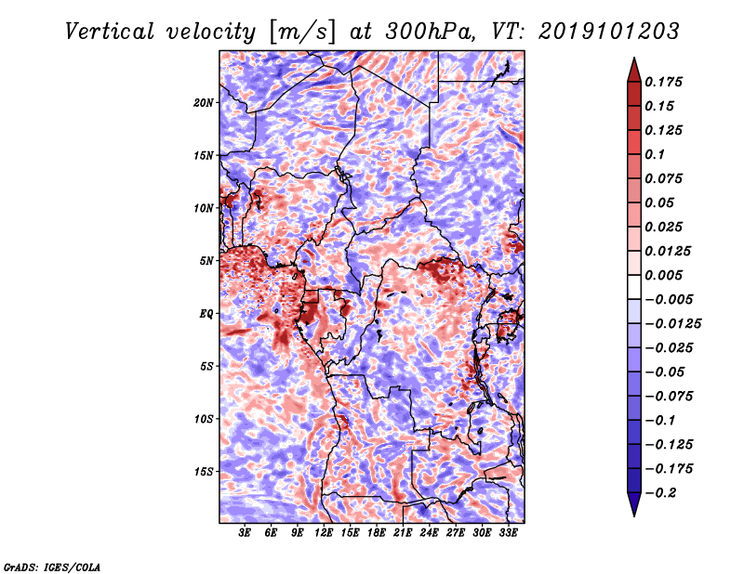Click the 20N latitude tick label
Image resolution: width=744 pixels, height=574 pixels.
(x=204, y=102)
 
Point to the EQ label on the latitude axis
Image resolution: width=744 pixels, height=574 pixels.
(x=207, y=314)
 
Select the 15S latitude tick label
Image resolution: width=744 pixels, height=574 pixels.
(x=204, y=472)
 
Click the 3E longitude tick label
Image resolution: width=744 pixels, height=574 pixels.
(x=246, y=533)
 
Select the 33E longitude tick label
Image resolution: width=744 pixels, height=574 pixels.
(x=508, y=533)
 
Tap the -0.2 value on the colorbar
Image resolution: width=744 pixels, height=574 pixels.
(x=660, y=492)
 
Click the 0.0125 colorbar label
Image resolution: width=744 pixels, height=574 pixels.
(x=669, y=251)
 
